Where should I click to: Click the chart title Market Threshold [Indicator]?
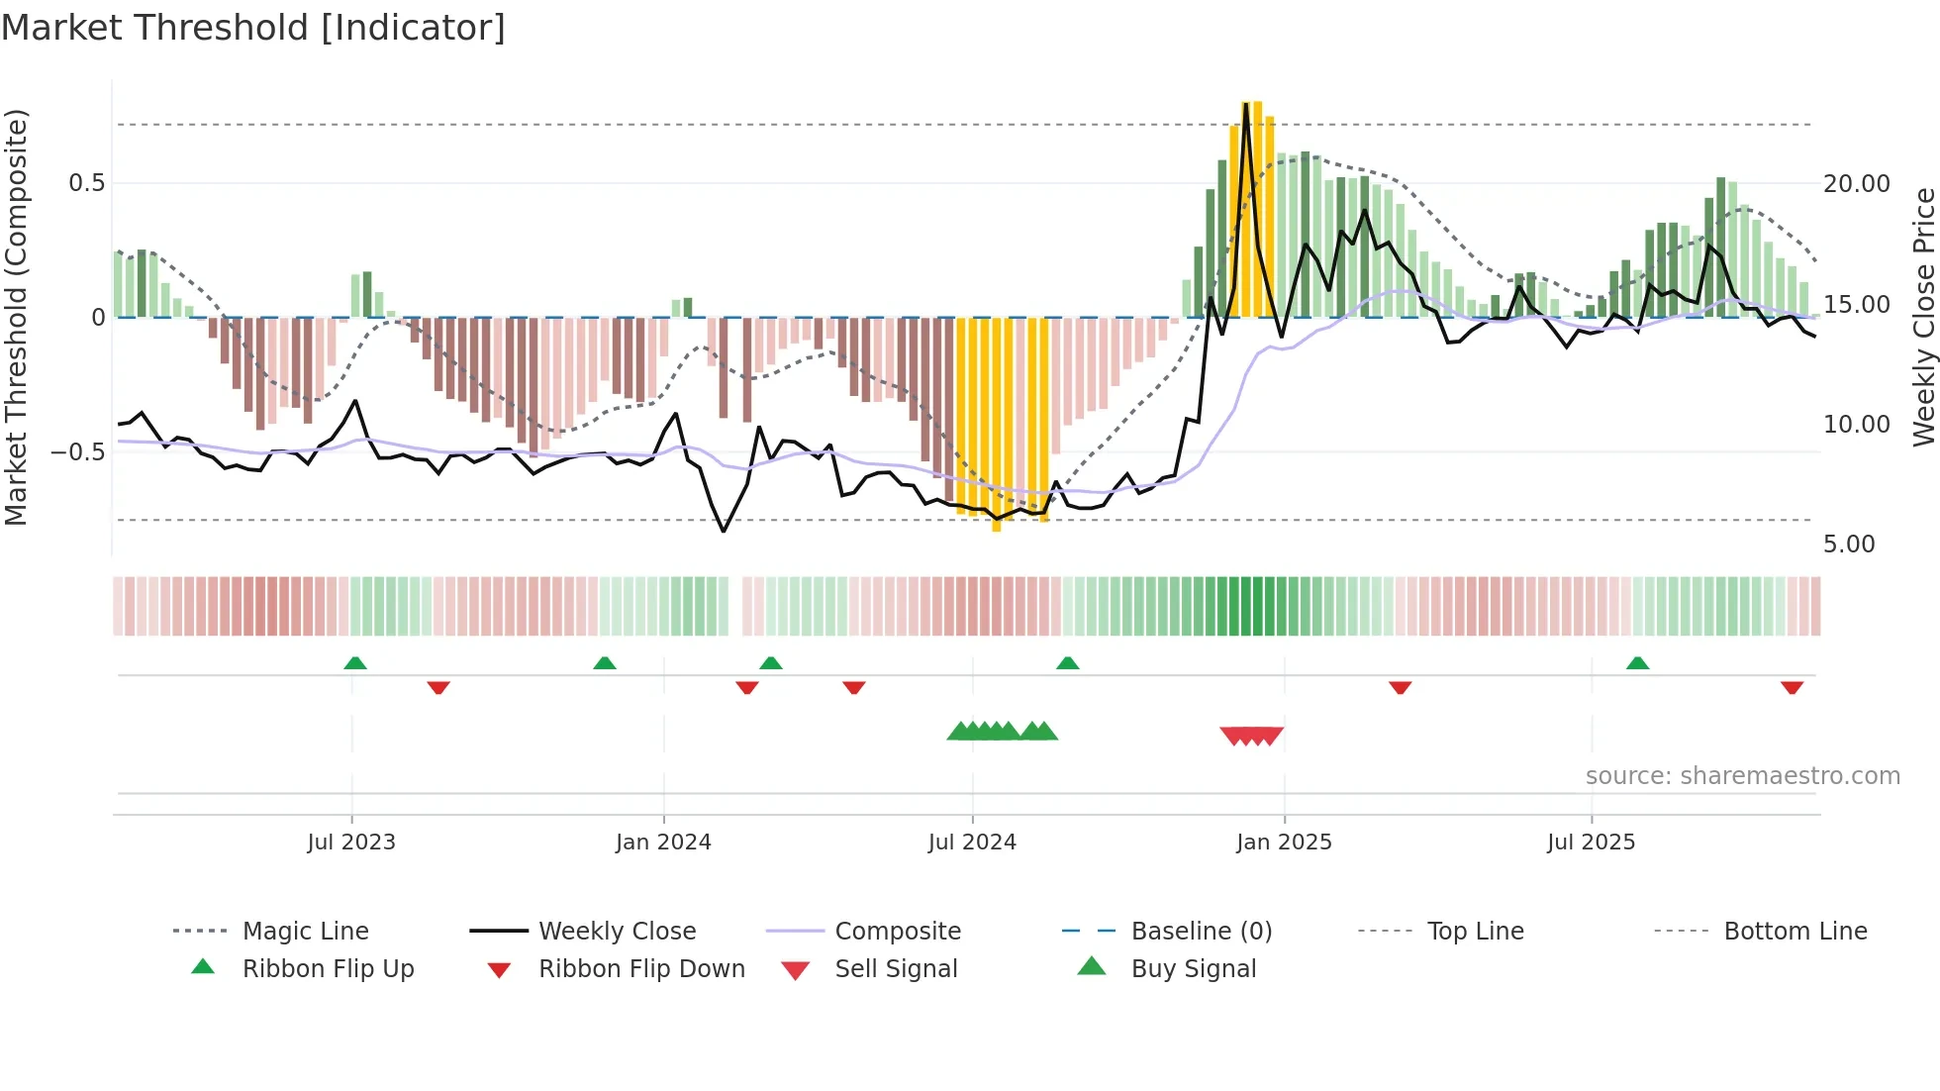coord(253,28)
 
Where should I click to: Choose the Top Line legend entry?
coord(1475,932)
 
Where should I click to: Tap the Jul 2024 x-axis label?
coord(972,843)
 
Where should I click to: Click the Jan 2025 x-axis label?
coord(1284,843)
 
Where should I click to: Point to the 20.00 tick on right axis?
coord(1856,184)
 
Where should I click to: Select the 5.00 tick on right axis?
coord(1849,545)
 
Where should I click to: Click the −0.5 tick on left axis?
coord(77,452)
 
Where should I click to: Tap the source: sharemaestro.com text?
coord(1742,776)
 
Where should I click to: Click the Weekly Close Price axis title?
coord(1923,317)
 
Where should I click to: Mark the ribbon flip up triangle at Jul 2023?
coord(355,663)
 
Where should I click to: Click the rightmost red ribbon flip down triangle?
coord(1792,687)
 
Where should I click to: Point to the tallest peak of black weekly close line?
coord(1246,105)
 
